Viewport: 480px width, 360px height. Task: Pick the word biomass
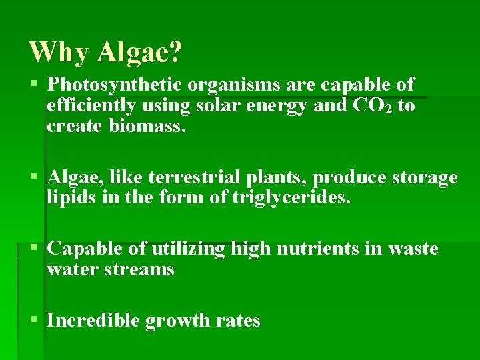(x=148, y=125)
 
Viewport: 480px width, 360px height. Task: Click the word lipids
(x=69, y=197)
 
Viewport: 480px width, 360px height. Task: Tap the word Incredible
(x=93, y=321)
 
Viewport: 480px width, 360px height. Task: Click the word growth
(x=178, y=321)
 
